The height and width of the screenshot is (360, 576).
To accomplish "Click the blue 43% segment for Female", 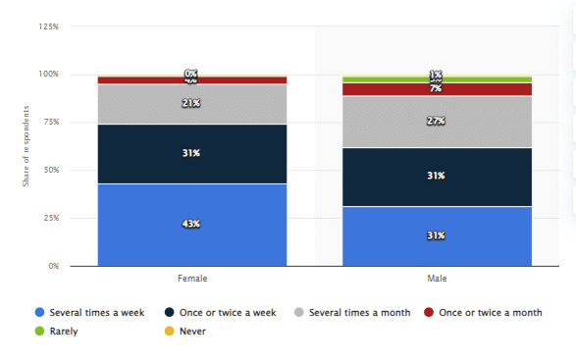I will point(191,224).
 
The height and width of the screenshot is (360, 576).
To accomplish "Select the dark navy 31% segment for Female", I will point(191,153).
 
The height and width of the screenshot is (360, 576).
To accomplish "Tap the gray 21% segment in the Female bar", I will point(191,104).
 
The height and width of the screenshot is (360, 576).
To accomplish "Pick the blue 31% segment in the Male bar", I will point(437,235).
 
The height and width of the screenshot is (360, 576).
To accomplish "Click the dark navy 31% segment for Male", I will point(437,177).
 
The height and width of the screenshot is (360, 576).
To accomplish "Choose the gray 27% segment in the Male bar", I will point(437,121).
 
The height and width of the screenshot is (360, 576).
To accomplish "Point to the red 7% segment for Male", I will point(437,89).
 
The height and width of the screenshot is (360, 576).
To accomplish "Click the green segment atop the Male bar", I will point(437,78).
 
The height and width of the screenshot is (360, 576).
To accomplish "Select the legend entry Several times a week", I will point(89,312).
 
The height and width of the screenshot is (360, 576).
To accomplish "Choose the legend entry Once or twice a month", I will point(482,312).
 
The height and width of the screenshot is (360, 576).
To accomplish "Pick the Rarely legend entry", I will point(60,331).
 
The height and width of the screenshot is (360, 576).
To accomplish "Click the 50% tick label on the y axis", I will point(50,170).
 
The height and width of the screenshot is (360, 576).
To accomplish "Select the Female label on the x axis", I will point(191,279).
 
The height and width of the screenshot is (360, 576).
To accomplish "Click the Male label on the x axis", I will point(437,279).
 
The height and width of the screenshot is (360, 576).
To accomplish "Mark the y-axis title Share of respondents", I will point(26,147).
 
